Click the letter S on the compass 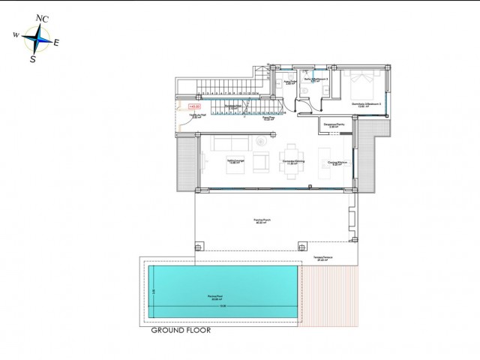click(x=32, y=60)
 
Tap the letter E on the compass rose click(x=56, y=43)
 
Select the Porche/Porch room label click(x=262, y=220)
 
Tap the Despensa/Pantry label click(x=333, y=125)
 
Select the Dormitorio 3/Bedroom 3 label click(x=367, y=104)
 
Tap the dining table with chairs click(x=291, y=160)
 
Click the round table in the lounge click(x=260, y=142)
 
